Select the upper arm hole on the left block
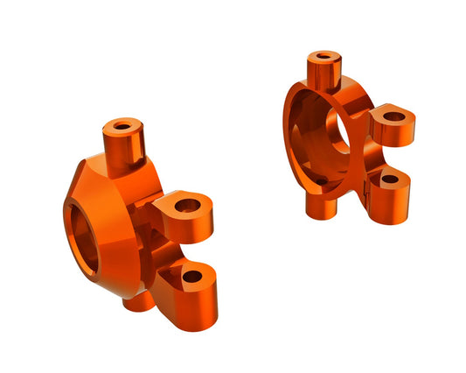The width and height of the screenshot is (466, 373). tap(187, 208)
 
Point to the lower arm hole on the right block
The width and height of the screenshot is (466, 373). tap(390, 179)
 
